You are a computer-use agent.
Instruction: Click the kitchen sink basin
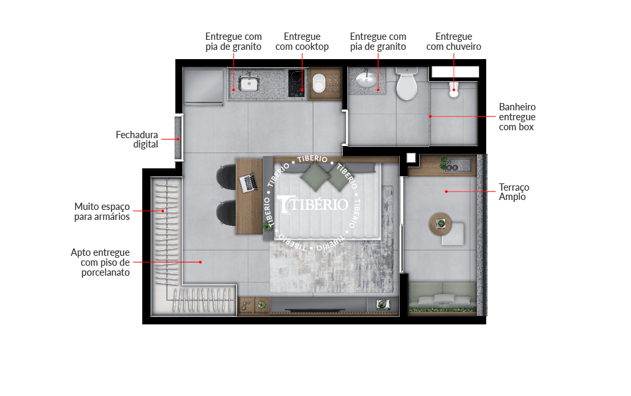(x=248, y=84)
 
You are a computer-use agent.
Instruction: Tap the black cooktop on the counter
(x=296, y=83)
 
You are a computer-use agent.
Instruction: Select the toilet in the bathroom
(x=407, y=84)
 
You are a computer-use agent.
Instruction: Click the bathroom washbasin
(x=366, y=80)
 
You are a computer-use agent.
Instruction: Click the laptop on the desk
(x=248, y=183)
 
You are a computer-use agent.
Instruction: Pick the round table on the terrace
(x=440, y=224)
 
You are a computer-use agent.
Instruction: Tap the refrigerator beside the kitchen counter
(x=203, y=87)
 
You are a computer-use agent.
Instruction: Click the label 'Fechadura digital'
(x=137, y=140)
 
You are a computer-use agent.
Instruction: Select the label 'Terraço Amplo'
(x=514, y=192)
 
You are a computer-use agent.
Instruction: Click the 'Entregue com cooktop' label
(x=302, y=41)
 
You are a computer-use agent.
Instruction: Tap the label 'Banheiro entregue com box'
(x=517, y=117)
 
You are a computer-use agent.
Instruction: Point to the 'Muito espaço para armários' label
(x=102, y=212)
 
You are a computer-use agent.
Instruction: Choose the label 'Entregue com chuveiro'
(x=454, y=41)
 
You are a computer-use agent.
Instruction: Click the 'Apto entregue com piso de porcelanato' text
(x=100, y=262)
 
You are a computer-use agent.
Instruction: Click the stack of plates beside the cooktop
(x=319, y=83)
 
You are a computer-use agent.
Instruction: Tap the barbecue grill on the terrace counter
(x=458, y=165)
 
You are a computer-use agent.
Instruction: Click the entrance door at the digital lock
(x=178, y=138)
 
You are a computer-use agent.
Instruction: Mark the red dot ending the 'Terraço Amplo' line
(x=446, y=191)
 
